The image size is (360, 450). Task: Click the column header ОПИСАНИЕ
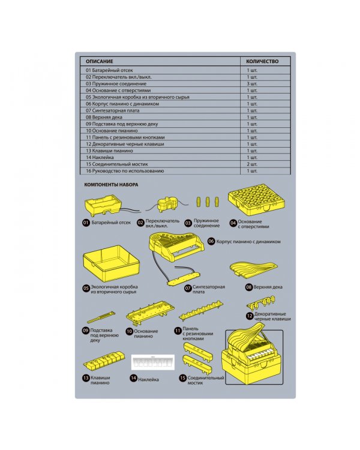pyautogui.click(x=100, y=61)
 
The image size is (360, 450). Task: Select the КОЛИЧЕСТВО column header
pyautogui.click(x=262, y=61)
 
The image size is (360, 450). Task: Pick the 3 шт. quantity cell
pyautogui.click(x=252, y=84)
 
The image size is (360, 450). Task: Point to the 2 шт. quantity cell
pyautogui.click(x=252, y=164)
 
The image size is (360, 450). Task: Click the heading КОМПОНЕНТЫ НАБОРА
pyautogui.click(x=111, y=185)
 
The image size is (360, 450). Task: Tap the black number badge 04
pyautogui.click(x=233, y=223)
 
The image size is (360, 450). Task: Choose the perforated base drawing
pyautogui.click(x=256, y=203)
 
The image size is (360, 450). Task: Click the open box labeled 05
pyautogui.click(x=111, y=263)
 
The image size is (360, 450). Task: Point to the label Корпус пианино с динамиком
pyautogui.click(x=248, y=242)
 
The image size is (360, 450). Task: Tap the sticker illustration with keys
pyautogui.click(x=153, y=362)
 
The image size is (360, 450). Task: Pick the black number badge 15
pyautogui.click(x=183, y=378)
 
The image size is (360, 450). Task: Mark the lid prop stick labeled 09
pyautogui.click(x=101, y=317)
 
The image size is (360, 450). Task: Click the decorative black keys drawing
pyautogui.click(x=261, y=303)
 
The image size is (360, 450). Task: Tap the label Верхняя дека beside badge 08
pyautogui.click(x=268, y=287)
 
